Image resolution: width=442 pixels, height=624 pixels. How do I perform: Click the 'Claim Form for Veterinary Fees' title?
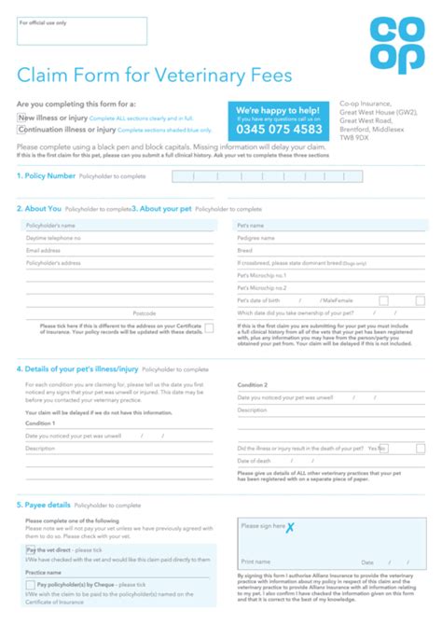(x=155, y=76)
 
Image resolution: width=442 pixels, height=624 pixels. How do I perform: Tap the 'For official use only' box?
(x=82, y=31)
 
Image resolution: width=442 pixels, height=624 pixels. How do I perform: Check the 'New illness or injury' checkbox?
(x=21, y=118)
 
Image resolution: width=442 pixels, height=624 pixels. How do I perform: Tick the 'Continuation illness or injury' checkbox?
(x=21, y=130)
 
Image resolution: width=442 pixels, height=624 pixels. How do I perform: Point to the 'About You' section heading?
(x=43, y=209)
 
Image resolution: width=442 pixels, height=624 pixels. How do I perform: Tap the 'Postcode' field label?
(x=144, y=313)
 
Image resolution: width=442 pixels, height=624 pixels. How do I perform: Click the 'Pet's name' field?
(x=331, y=226)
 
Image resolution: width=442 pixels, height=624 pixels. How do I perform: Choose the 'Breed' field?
(x=331, y=250)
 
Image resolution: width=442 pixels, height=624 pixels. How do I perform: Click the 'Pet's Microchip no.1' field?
(x=331, y=276)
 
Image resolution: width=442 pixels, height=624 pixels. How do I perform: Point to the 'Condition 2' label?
(x=253, y=384)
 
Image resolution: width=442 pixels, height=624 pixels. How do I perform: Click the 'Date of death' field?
(x=331, y=461)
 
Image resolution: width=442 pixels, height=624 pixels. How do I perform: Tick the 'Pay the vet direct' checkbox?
(x=30, y=550)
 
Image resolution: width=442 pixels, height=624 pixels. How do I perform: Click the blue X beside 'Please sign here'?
(x=290, y=527)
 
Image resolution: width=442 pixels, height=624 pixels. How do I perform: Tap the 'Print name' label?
(x=256, y=562)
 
